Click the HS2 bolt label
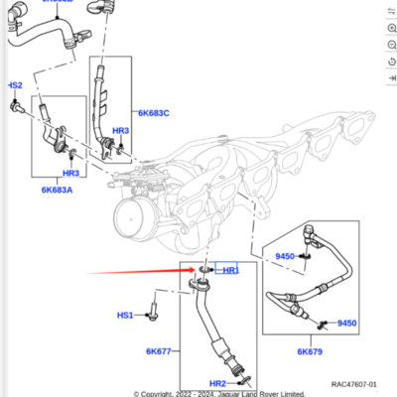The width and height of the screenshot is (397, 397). [x=16, y=85]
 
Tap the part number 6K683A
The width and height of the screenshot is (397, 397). [x=59, y=189]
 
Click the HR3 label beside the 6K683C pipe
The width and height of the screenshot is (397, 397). [x=120, y=131]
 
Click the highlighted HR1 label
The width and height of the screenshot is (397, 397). [x=230, y=270]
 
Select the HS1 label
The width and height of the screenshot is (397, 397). [x=125, y=316]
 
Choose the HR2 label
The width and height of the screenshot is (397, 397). [x=216, y=383]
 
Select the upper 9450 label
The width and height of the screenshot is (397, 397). [x=285, y=256]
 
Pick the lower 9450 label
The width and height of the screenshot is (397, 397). [x=345, y=324]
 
